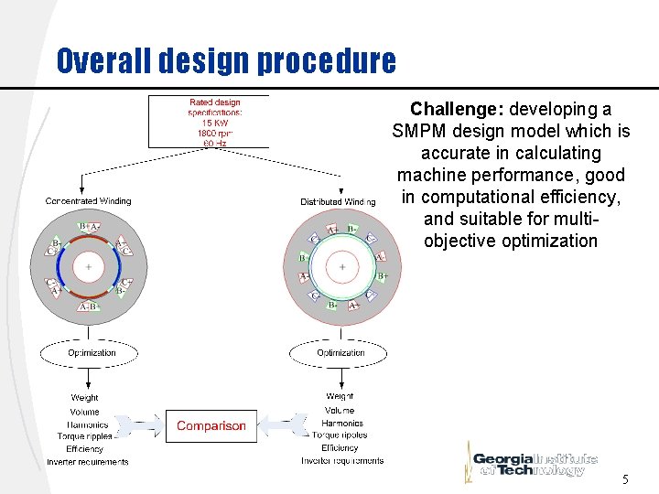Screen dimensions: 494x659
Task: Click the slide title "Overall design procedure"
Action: click(226, 60)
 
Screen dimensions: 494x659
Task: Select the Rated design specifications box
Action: click(214, 122)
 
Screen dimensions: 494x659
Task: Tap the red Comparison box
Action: click(211, 425)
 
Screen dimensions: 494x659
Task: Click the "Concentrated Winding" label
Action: click(89, 201)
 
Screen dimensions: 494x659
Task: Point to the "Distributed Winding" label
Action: click(338, 201)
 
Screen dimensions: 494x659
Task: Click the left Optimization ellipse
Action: click(92, 353)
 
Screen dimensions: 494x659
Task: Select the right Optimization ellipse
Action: click(340, 353)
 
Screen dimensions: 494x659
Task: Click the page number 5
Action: click(625, 479)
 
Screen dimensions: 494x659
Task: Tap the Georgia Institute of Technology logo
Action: click(535, 463)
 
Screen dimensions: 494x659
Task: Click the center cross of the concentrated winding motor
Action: click(89, 267)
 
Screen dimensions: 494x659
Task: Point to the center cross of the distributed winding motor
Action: click(342, 267)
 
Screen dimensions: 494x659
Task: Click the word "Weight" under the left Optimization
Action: click(85, 398)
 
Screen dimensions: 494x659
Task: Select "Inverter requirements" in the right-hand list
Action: click(342, 461)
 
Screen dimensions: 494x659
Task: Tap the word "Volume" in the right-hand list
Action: click(340, 411)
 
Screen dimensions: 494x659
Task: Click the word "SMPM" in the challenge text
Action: click(417, 131)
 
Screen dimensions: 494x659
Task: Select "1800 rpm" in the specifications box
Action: click(215, 134)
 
